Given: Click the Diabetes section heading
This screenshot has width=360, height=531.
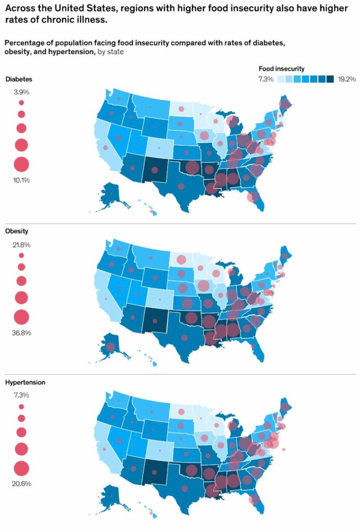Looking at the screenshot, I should (19, 79).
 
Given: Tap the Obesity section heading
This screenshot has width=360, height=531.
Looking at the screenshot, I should (17, 231).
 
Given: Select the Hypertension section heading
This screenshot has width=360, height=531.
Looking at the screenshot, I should (25, 382).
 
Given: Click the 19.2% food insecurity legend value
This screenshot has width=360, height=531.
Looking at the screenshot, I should (347, 79).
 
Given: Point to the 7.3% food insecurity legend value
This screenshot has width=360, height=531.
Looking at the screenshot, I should (267, 79).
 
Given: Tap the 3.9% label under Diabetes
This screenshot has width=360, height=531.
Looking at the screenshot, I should (21, 92).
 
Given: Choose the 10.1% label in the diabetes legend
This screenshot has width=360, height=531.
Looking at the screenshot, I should (21, 180).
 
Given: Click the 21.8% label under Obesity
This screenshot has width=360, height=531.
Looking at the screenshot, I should (21, 244).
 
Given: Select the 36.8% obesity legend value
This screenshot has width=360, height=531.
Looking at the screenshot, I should (21, 332).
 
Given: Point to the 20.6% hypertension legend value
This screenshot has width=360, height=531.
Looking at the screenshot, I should (21, 483).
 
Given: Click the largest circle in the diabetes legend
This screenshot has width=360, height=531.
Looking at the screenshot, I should (21, 164).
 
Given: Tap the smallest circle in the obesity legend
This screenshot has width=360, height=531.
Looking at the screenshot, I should (21, 256).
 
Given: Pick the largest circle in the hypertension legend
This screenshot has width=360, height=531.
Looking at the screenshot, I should (21, 468).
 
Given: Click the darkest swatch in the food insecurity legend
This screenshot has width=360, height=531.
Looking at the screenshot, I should (330, 79).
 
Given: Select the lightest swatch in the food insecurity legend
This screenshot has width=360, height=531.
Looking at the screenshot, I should (281, 79).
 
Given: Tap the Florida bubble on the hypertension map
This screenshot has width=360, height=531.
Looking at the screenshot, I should (254, 499).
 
